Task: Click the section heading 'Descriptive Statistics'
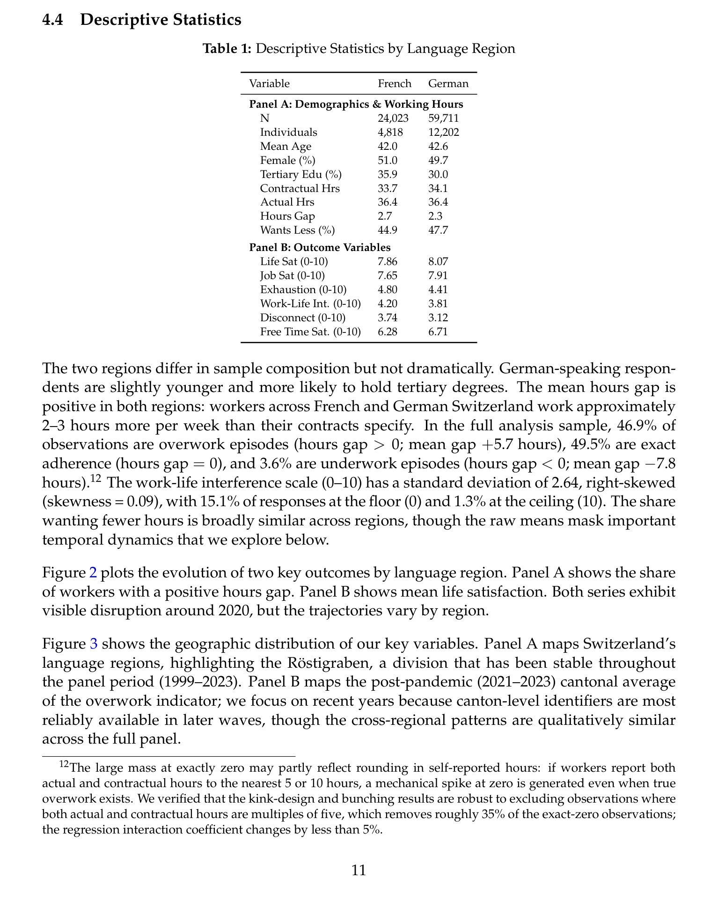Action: (161, 20)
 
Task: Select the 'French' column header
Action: (394, 83)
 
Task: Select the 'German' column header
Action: (448, 83)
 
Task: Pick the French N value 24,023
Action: (393, 118)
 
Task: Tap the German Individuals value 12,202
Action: (444, 132)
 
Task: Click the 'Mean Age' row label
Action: (286, 146)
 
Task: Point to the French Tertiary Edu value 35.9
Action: (388, 174)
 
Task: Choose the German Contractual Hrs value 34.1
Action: (438, 188)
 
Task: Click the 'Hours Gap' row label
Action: (287, 216)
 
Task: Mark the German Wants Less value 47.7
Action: (438, 230)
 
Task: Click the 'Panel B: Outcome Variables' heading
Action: (320, 247)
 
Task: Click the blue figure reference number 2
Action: (93, 573)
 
